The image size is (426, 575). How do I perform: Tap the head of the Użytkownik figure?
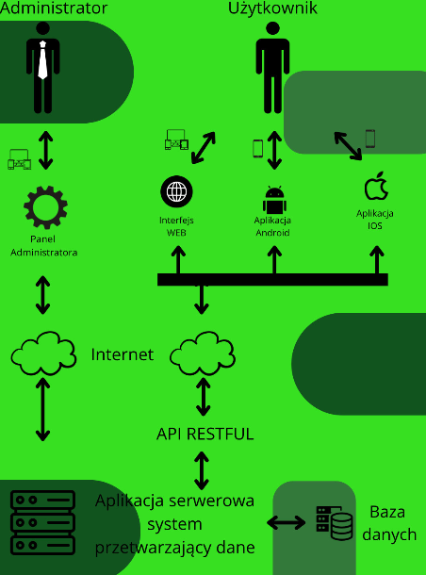[272, 28]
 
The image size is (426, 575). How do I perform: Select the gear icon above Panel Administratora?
[45, 207]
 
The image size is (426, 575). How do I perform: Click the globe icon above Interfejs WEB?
[176, 191]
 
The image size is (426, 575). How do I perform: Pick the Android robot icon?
[274, 200]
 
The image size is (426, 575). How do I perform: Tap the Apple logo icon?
[376, 186]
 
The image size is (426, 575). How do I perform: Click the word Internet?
[123, 354]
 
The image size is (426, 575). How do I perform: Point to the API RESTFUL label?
[205, 434]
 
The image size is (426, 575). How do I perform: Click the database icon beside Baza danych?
[335, 523]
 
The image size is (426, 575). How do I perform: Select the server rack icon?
[43, 522]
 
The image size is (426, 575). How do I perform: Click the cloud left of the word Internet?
[43, 353]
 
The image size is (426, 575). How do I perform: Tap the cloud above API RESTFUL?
[203, 353]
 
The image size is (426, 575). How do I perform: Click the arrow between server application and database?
[286, 522]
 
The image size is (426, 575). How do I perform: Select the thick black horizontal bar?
[272, 279]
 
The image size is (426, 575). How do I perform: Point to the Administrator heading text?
[54, 8]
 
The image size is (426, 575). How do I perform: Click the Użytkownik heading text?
[272, 8]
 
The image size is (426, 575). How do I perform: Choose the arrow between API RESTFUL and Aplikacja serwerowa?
[202, 471]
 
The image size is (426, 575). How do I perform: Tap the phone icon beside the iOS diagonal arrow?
[370, 139]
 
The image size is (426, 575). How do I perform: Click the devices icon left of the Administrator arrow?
[20, 159]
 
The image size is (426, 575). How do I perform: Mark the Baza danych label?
[389, 523]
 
